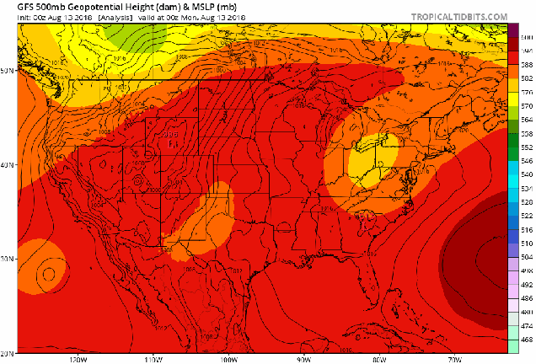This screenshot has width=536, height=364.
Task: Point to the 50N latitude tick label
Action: click(x=8, y=71)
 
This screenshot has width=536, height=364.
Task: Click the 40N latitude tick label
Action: click(x=8, y=165)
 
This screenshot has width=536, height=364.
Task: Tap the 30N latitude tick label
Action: click(x=8, y=259)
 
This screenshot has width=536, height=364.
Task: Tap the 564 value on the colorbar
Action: click(x=525, y=120)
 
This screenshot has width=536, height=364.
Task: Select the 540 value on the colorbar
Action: click(x=525, y=174)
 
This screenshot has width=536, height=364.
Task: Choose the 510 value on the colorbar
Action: click(x=525, y=243)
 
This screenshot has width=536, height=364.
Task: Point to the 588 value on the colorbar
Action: click(x=525, y=66)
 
